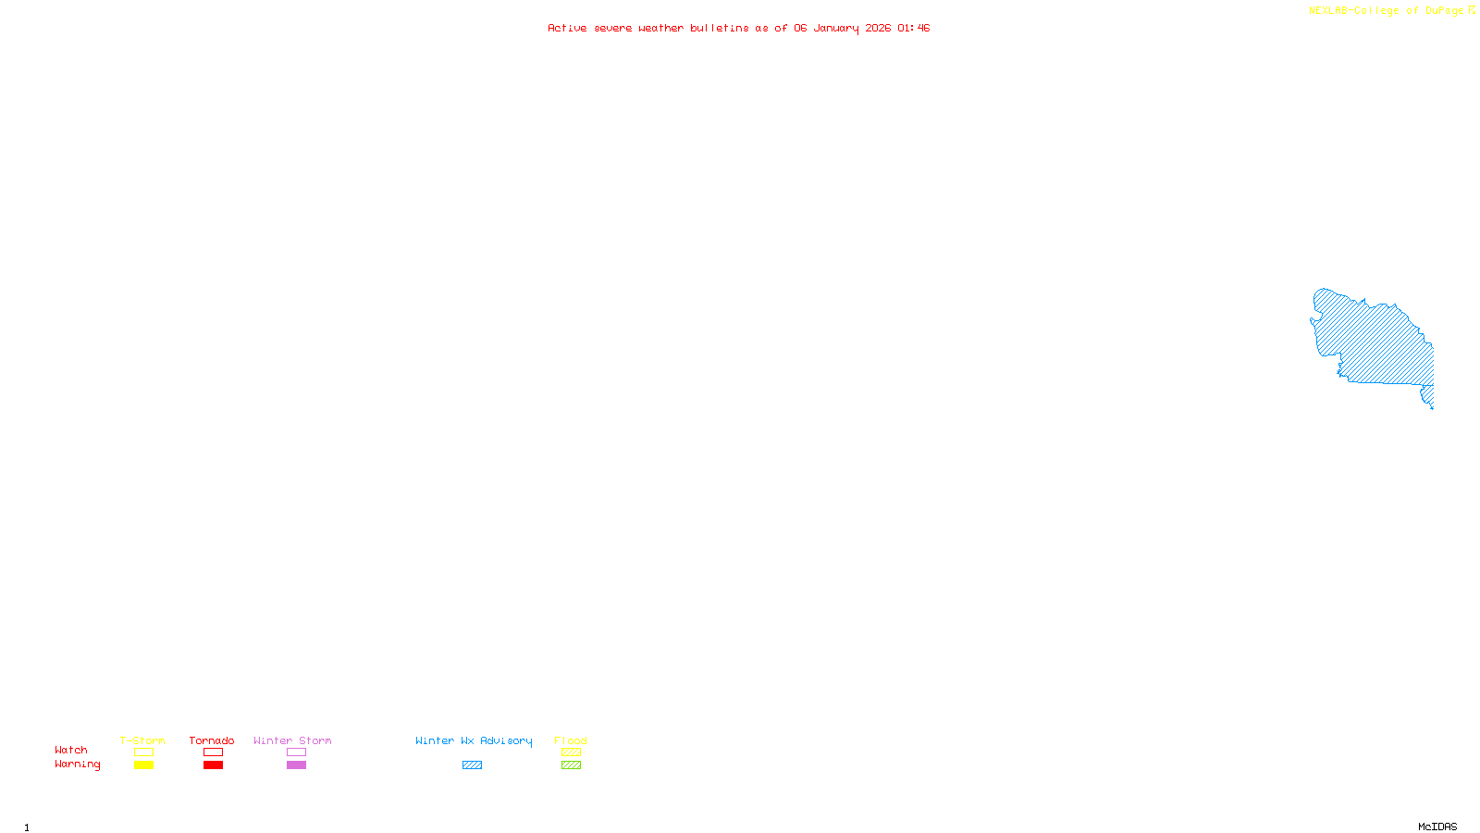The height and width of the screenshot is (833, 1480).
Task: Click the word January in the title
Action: point(836,28)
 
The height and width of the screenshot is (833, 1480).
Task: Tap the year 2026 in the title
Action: point(878,28)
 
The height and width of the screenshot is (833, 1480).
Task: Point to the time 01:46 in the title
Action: point(913,28)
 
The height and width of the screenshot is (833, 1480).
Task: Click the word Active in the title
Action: point(566,28)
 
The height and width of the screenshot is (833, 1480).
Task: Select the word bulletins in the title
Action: point(719,28)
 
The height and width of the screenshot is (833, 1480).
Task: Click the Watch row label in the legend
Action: point(71,750)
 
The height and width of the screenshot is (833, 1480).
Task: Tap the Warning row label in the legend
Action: point(77,765)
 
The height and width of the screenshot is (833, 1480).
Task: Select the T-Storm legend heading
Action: point(142,740)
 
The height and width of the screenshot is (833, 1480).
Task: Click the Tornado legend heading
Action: point(212,740)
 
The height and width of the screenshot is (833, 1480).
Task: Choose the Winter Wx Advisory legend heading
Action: point(474,740)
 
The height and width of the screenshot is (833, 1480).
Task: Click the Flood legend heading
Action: point(571,740)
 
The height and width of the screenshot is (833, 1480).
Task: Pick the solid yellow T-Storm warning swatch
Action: point(143,765)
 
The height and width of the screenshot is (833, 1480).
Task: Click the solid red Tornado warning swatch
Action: point(213,765)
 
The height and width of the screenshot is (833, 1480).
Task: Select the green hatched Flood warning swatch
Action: point(571,765)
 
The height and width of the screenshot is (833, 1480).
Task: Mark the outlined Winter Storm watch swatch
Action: point(296,752)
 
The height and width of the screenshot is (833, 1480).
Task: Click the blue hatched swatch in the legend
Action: point(472,765)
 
